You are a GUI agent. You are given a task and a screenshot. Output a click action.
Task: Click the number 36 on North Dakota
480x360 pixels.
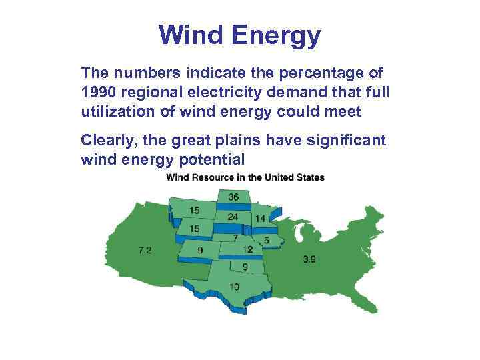(x=233, y=197)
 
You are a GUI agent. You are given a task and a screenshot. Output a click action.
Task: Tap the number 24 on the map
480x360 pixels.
(x=233, y=217)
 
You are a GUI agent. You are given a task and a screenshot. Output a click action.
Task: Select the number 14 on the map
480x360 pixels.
(x=260, y=219)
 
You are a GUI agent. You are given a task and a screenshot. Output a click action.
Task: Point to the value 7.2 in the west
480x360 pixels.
(x=145, y=251)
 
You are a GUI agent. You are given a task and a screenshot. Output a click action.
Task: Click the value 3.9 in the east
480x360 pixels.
(x=309, y=259)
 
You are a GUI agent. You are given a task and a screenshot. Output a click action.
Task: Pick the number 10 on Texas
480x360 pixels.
(x=235, y=287)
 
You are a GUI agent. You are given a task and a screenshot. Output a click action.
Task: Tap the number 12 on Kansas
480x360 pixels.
(x=248, y=250)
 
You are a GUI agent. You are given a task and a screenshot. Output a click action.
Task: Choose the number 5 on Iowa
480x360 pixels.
(x=266, y=240)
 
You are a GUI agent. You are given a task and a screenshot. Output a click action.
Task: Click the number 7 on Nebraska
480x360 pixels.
(x=235, y=238)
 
